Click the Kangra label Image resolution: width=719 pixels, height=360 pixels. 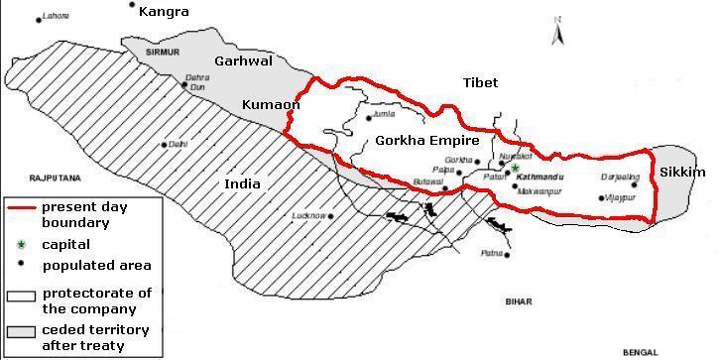click(x=164, y=12)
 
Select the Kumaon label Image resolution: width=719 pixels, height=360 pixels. click(x=271, y=103)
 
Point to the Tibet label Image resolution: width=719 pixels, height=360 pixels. click(x=481, y=83)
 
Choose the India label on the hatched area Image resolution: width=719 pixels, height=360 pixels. click(x=242, y=183)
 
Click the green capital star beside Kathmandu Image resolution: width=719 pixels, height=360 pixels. click(x=515, y=169)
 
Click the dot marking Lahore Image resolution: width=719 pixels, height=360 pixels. click(x=38, y=19)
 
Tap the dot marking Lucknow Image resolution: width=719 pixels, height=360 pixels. click(x=326, y=215)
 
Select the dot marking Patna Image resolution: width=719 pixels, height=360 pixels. click(x=483, y=253)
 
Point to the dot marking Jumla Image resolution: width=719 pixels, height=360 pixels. click(x=368, y=117)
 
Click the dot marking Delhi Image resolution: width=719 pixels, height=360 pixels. click(x=165, y=144)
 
